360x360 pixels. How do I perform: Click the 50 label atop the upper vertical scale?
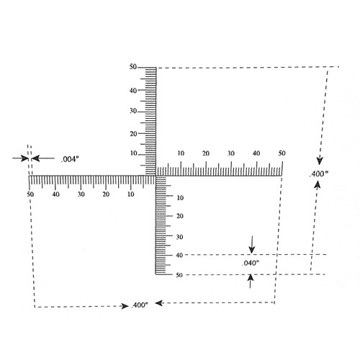click(x=132, y=67)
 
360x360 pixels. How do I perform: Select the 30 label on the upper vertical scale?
click(x=133, y=111)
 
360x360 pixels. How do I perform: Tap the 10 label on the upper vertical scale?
click(x=133, y=153)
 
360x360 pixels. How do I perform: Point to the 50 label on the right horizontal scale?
click(x=282, y=153)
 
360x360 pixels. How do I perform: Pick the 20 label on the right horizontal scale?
click(x=206, y=153)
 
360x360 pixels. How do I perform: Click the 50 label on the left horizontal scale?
click(x=30, y=194)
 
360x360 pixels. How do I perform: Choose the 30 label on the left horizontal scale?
click(x=81, y=194)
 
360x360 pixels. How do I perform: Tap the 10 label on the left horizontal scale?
click(x=130, y=194)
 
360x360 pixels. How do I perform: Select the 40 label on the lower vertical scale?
click(x=179, y=255)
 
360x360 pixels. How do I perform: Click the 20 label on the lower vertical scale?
click(x=180, y=216)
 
